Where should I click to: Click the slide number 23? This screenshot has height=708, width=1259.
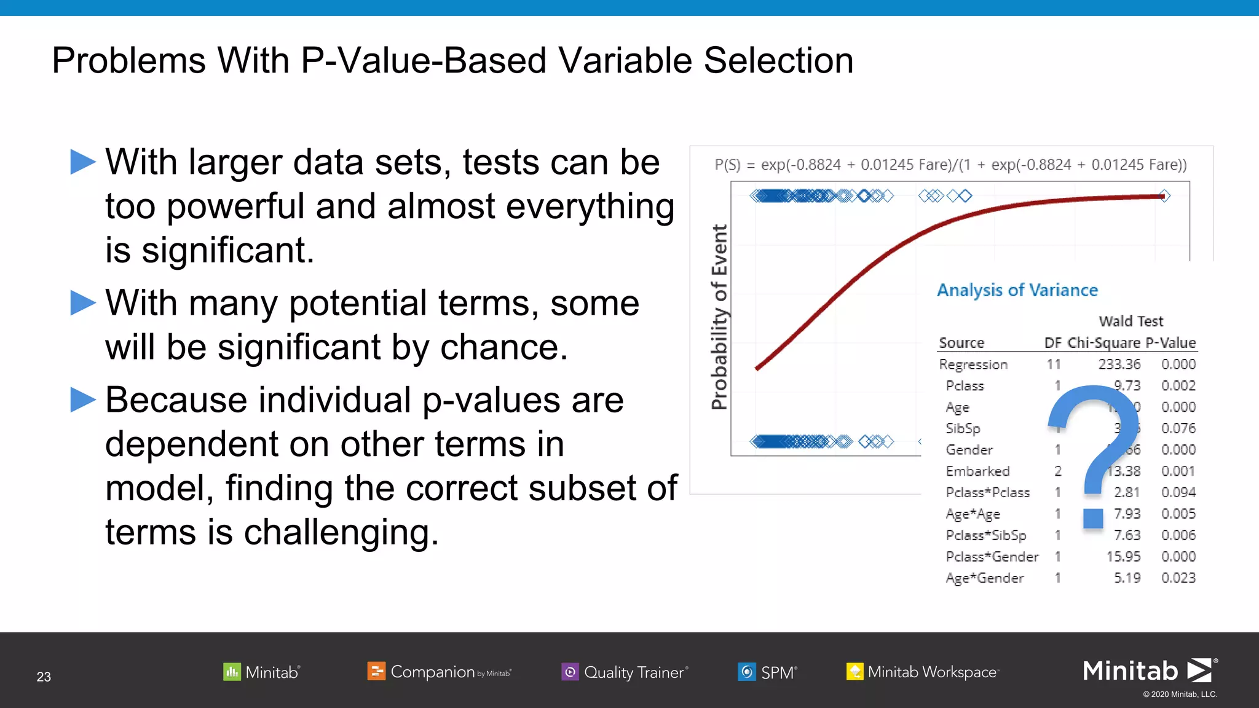click(44, 677)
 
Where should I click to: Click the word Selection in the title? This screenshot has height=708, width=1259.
click(778, 61)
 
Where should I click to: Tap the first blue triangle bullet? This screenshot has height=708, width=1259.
click(83, 162)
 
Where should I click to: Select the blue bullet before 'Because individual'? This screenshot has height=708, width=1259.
click(83, 400)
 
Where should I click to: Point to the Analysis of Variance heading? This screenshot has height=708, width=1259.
click(1017, 290)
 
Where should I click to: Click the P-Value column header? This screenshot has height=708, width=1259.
click(1170, 343)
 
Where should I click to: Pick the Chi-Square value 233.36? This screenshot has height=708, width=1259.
click(1119, 364)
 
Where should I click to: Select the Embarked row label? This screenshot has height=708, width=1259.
click(977, 471)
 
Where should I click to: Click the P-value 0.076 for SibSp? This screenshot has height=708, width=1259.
click(1178, 428)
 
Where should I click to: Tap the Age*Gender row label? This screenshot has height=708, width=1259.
click(984, 578)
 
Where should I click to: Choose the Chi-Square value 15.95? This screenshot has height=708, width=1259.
click(1123, 557)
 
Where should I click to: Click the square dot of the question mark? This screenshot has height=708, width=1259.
click(1093, 518)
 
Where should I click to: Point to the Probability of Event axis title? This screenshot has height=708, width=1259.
click(719, 317)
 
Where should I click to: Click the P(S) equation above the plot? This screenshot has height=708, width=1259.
click(950, 165)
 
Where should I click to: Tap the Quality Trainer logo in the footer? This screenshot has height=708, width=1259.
click(625, 672)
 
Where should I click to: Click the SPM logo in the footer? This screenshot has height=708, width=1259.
click(767, 672)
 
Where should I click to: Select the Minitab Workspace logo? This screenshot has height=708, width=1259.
click(922, 672)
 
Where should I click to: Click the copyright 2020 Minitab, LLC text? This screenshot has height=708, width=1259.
click(1180, 694)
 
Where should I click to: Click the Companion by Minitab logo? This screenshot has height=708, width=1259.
click(439, 672)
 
